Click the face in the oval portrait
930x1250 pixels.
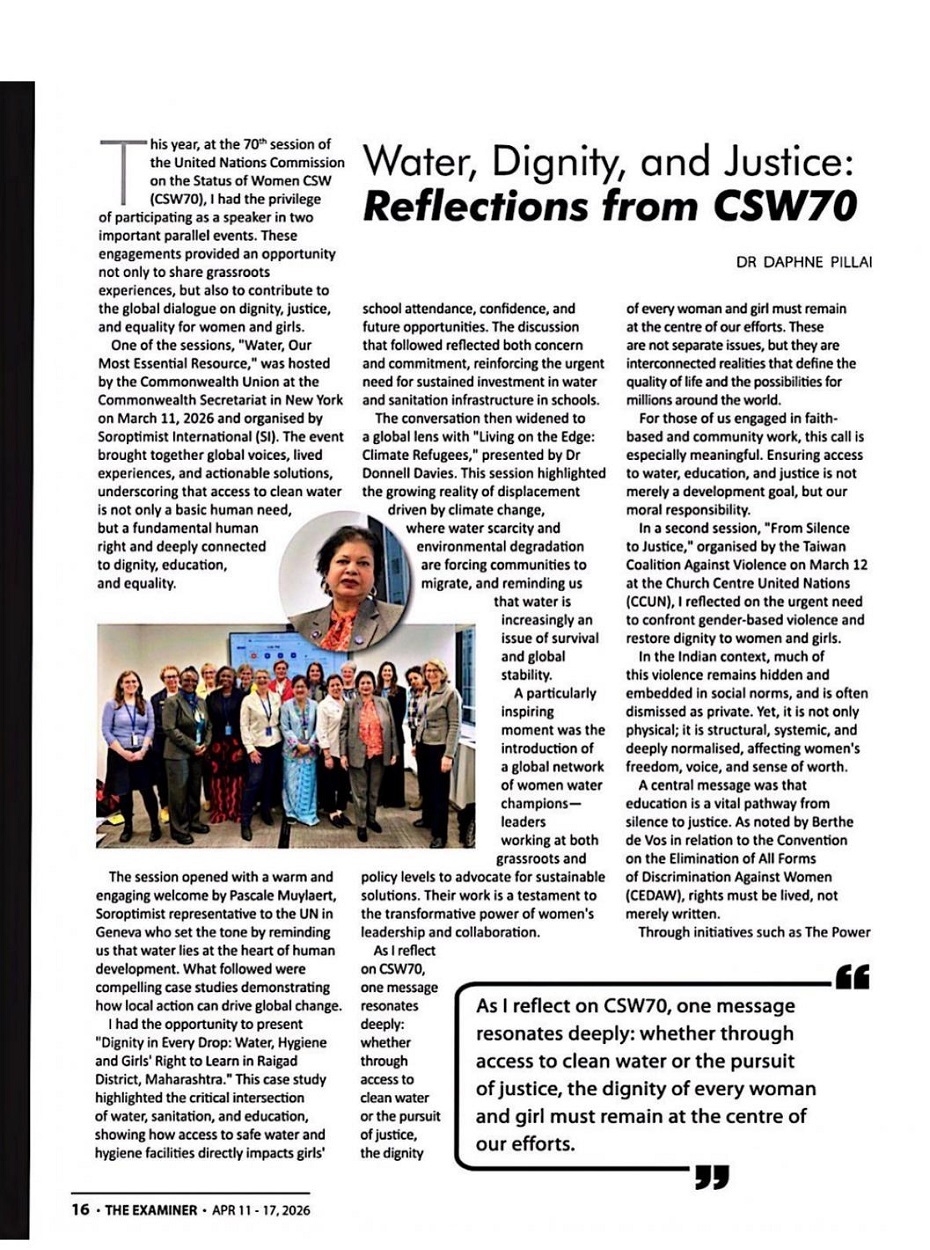point(355,574)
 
